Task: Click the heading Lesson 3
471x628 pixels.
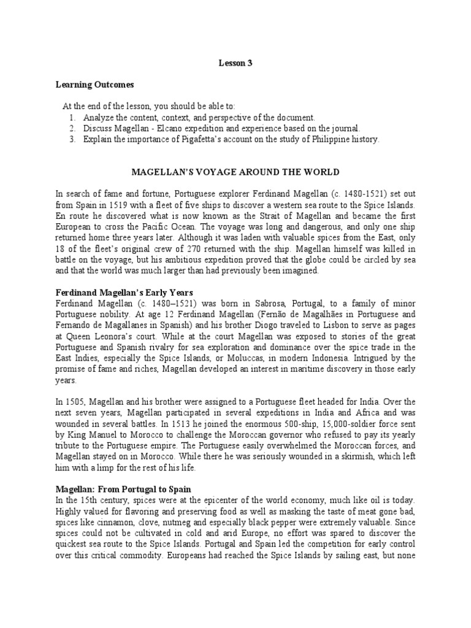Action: pos(235,62)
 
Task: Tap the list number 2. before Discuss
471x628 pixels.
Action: pos(72,128)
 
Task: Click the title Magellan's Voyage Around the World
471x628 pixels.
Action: pos(235,172)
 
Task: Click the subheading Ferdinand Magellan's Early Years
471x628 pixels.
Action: pos(124,293)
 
